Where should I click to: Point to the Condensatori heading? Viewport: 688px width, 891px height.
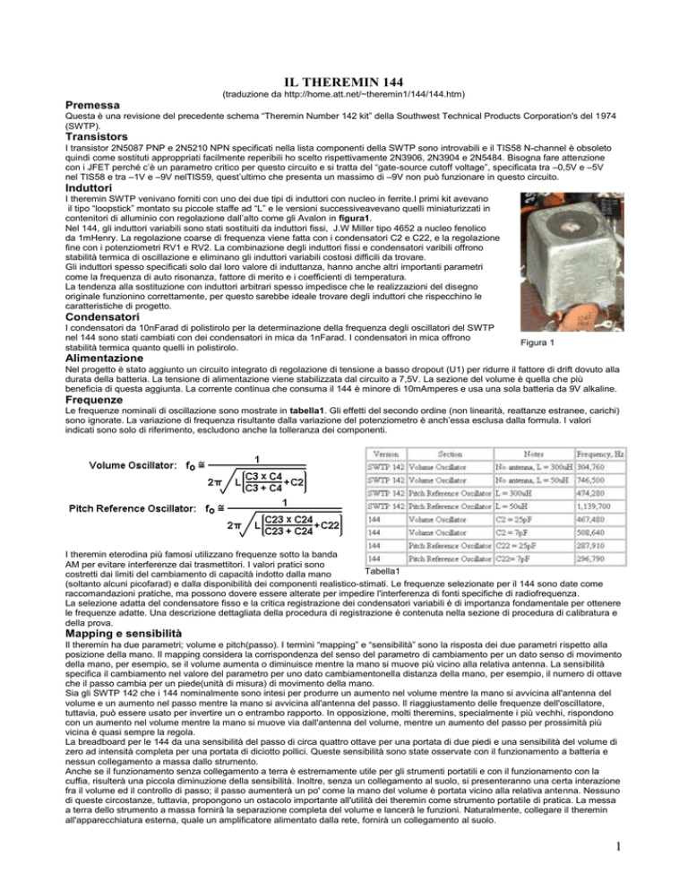pyautogui.click(x=113, y=317)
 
